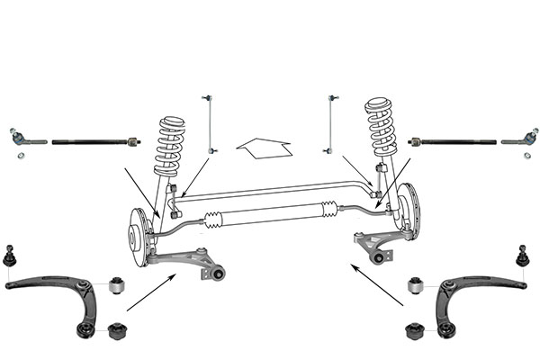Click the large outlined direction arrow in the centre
pos(262,146)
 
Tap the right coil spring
pos(382,131)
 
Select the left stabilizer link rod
pos(211,122)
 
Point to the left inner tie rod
pos(94,141)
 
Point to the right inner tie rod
pos(450,141)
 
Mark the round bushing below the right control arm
pos(415,328)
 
